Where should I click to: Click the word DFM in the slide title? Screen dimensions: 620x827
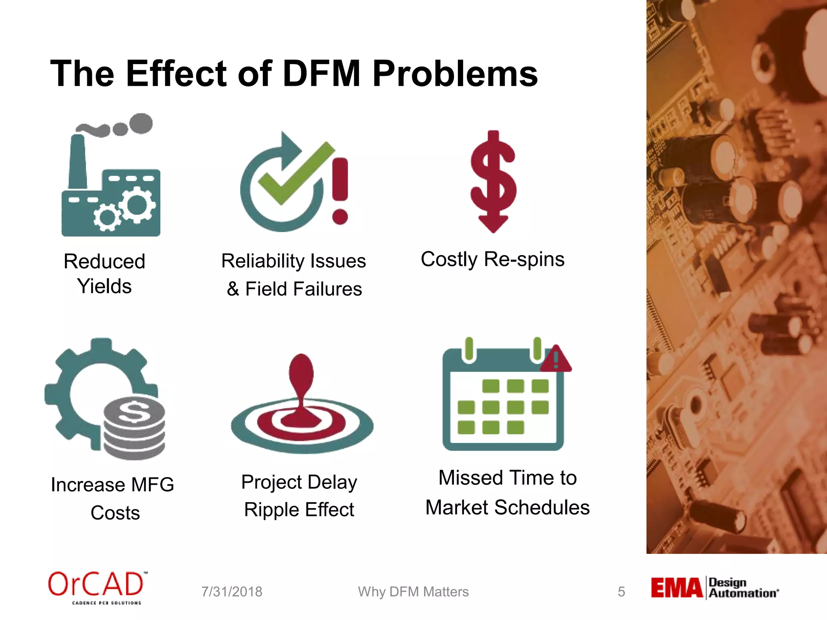point(321,73)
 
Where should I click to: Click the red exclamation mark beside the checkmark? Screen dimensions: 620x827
point(340,190)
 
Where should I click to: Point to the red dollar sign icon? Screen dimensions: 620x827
point(493,182)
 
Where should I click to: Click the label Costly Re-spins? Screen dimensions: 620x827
point(493,259)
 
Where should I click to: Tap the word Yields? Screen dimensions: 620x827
point(105,286)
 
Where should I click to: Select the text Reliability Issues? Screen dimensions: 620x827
point(294,261)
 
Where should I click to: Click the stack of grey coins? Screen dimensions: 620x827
point(134,428)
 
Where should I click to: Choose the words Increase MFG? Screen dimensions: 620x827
point(112,484)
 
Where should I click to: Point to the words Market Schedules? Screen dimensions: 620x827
point(508,507)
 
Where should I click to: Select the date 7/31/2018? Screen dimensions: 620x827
point(232,592)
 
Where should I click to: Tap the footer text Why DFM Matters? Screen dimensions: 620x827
point(413,592)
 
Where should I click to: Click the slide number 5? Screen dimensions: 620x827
point(621,592)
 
